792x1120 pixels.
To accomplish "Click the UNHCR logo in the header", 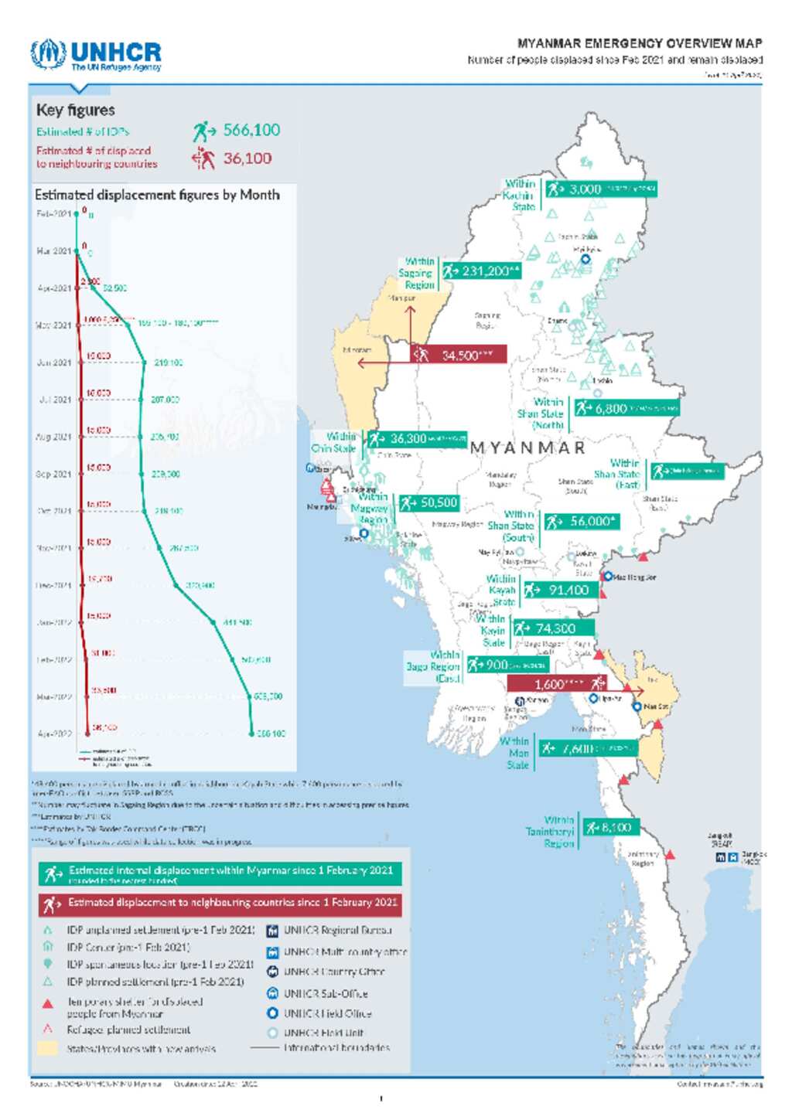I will coord(96,55).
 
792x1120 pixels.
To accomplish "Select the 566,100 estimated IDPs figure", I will coord(251,130).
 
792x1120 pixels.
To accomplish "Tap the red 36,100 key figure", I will coord(247,158).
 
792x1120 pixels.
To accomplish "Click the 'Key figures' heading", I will coord(75,110).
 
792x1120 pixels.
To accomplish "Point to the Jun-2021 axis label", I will coord(54,363).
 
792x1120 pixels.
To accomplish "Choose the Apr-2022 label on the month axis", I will coord(54,734).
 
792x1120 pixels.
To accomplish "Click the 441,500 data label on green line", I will coord(237,622).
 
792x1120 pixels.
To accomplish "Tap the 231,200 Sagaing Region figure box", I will coord(481,271).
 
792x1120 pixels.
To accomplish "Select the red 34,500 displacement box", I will coord(459,355).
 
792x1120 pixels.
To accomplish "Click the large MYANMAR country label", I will coord(527,448).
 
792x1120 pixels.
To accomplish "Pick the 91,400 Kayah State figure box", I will coord(560,591).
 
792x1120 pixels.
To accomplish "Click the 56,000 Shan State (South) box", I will coord(582,522).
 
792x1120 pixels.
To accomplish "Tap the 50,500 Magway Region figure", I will coord(429,503).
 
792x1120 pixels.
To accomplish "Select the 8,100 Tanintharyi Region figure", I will coord(610,828).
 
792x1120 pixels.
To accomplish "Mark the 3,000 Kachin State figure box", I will coord(600,189).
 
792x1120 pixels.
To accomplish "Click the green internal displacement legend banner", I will coord(220,873).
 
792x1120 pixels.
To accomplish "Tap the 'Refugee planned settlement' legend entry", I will coord(128,1030).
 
